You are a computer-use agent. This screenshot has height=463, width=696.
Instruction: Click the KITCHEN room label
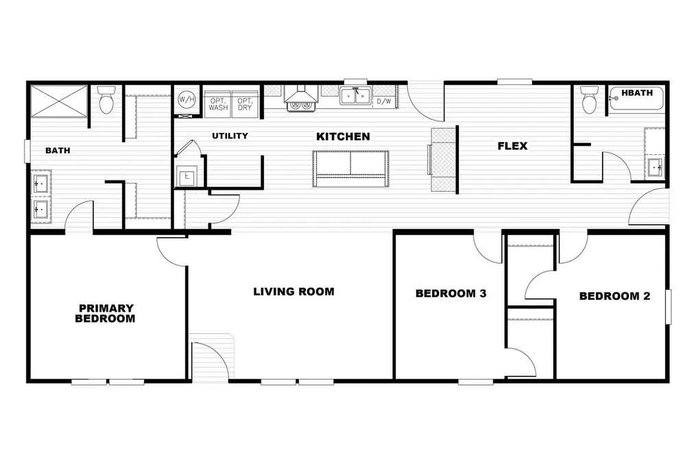point(343,137)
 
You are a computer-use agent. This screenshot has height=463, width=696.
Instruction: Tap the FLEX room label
point(512,146)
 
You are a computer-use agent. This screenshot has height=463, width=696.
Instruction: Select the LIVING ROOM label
point(293,292)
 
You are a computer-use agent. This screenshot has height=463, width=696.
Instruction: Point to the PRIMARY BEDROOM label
point(106,314)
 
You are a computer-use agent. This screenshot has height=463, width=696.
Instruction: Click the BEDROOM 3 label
point(451,294)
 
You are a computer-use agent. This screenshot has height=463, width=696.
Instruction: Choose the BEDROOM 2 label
point(614,297)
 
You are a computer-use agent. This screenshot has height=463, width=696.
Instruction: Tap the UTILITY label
point(230,136)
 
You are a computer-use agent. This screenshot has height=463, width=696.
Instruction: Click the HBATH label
point(636,92)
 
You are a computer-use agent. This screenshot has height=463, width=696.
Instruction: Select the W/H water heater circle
point(186,100)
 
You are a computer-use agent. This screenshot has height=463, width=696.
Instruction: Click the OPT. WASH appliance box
point(218,103)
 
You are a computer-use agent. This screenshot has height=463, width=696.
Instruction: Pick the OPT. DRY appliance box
point(245,103)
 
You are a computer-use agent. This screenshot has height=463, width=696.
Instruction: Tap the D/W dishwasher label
point(384,101)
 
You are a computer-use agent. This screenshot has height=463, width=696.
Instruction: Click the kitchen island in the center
point(350,168)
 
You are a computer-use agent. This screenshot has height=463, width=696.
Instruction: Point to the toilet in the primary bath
point(106,101)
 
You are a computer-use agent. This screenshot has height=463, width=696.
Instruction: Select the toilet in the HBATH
point(589,101)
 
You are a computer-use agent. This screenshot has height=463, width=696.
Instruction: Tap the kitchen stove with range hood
point(300,100)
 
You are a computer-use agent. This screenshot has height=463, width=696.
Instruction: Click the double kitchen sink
point(356,95)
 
